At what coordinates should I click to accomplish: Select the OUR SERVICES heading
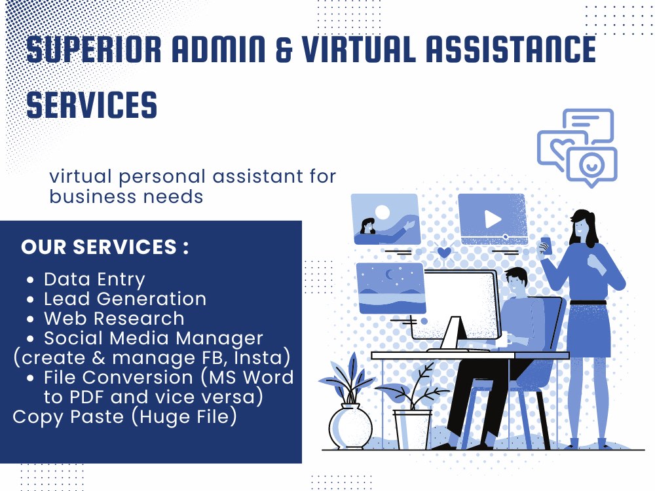(105, 247)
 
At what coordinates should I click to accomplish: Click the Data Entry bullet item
(94, 280)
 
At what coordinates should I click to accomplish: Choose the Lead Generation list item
(124, 299)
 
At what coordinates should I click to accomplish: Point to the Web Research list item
(114, 319)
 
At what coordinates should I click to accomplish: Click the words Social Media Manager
(153, 338)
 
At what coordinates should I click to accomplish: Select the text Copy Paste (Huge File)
(124, 417)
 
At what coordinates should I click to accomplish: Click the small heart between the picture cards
(443, 252)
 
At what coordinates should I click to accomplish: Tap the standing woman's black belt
(588, 302)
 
